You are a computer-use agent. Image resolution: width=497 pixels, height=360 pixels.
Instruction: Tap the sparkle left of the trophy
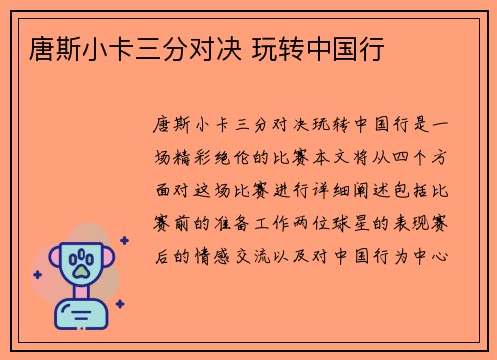point(38,272)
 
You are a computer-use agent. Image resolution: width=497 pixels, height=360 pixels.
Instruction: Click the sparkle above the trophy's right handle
point(123,240)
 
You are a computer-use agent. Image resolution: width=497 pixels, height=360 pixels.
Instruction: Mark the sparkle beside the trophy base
point(119,304)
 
